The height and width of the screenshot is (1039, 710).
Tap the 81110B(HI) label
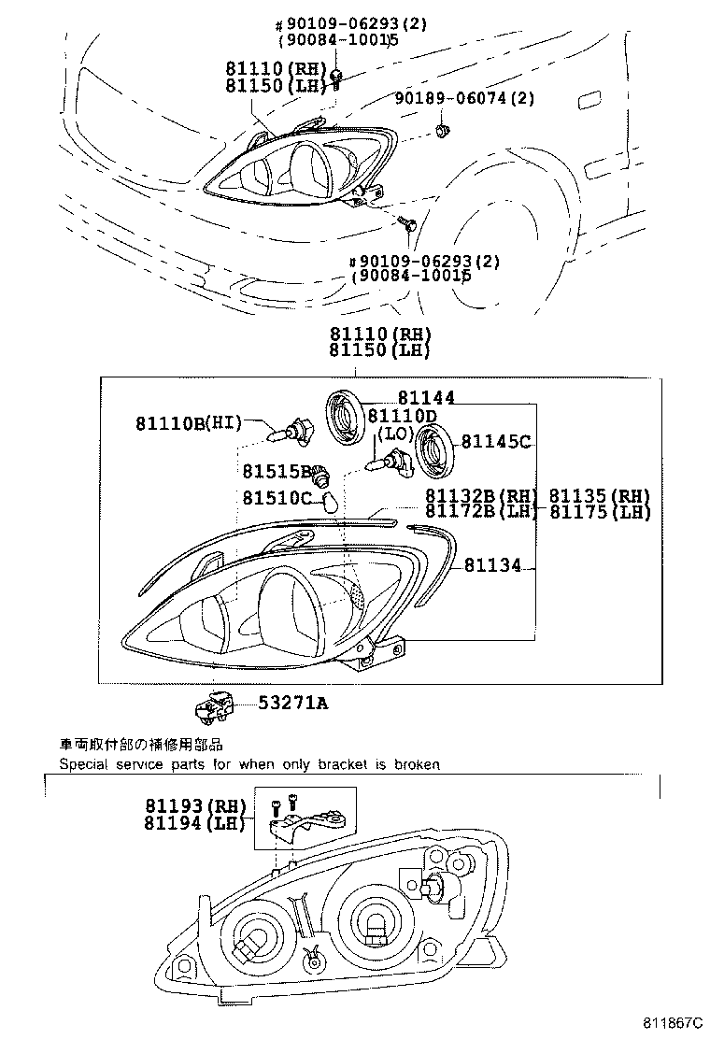click(x=187, y=423)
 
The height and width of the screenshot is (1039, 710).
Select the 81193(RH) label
click(x=194, y=805)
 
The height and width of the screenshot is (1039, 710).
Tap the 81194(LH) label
click(x=194, y=822)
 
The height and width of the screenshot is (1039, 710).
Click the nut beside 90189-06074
click(x=443, y=130)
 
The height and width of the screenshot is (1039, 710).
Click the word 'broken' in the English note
click(x=418, y=764)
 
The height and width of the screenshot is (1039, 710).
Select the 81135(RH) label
click(x=598, y=495)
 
